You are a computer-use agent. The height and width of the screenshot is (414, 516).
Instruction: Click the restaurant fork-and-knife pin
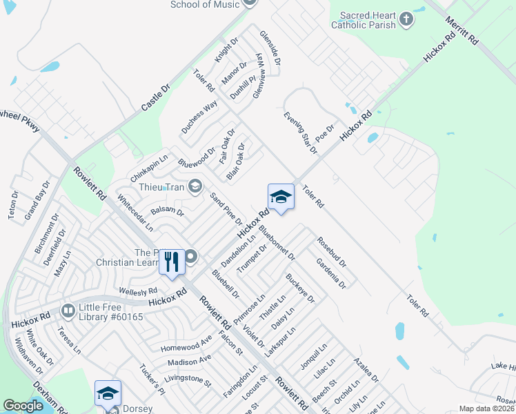point(172,262)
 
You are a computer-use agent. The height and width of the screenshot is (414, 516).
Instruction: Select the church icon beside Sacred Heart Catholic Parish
point(406,19)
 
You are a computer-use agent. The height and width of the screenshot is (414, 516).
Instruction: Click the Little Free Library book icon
point(68,312)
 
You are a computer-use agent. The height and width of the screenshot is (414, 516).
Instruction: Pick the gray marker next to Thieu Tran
point(196,185)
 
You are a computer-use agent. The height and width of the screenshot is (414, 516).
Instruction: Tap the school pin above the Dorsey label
point(108,393)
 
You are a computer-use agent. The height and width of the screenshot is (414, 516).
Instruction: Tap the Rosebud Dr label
point(332,253)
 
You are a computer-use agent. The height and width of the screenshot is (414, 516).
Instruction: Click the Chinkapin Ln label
point(149,165)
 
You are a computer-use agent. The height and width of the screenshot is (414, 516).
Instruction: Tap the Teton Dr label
point(12,206)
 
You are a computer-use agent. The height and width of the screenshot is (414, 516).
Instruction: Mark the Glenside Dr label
point(270,48)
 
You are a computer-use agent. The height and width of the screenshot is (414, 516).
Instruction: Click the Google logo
point(23,406)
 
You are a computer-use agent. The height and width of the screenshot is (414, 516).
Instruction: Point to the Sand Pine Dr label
point(226,209)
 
